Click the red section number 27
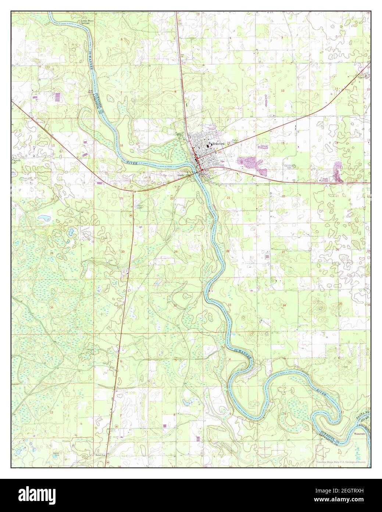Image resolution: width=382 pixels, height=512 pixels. pyautogui.click(x=283, y=252)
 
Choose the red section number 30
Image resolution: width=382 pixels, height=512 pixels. pyautogui.click(x=123, y=252)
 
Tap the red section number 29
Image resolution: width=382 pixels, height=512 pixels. pyautogui.click(x=176, y=252)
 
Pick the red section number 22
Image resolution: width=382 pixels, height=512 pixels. pyautogui.click(x=283, y=197)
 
